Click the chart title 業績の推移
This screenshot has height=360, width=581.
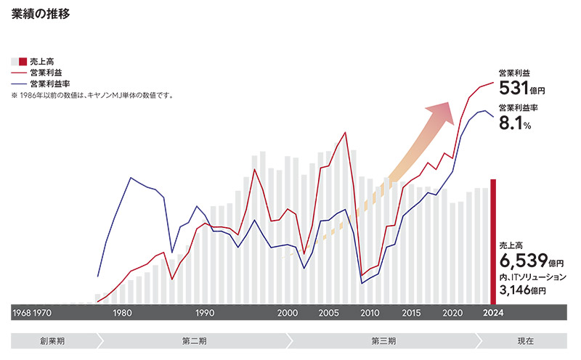click(41, 14)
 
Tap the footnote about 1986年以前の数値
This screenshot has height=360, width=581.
click(92, 95)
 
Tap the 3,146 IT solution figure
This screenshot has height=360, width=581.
click(518, 290)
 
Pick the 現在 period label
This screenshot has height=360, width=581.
click(526, 340)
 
